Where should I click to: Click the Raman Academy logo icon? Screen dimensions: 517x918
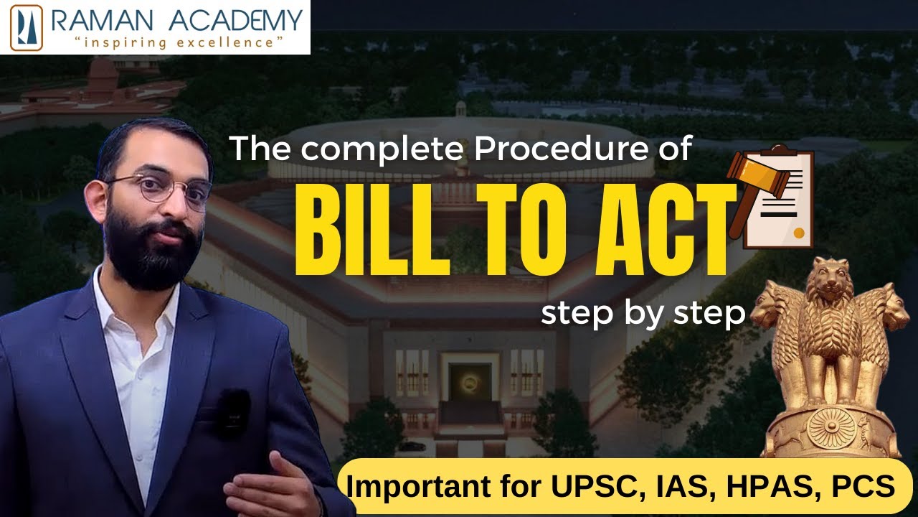[x=27, y=27]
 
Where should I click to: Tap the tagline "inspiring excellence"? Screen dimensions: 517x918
[x=179, y=42]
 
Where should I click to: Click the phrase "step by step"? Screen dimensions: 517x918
[x=643, y=314]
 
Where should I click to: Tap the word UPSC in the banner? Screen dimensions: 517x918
[x=595, y=486]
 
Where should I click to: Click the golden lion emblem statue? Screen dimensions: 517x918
[x=831, y=337]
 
